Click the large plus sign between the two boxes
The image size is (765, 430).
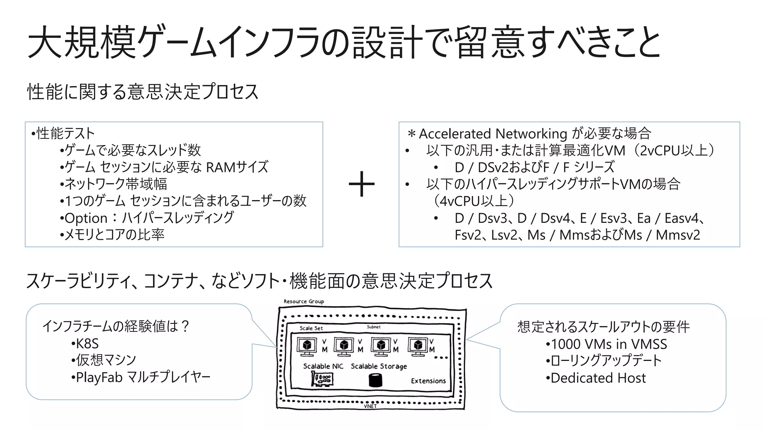tap(361, 184)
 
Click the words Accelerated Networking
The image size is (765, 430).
tap(493, 134)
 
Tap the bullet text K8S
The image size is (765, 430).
tap(87, 343)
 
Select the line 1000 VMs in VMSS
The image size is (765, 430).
tap(608, 344)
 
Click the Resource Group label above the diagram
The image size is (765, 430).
tap(304, 301)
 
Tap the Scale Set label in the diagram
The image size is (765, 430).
tap(311, 328)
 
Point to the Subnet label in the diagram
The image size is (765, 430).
tap(374, 327)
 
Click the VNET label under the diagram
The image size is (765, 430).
tap(370, 406)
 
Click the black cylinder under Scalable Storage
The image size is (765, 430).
tap(375, 380)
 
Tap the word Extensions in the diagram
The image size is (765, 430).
tap(428, 381)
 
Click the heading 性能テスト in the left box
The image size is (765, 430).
tap(65, 133)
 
